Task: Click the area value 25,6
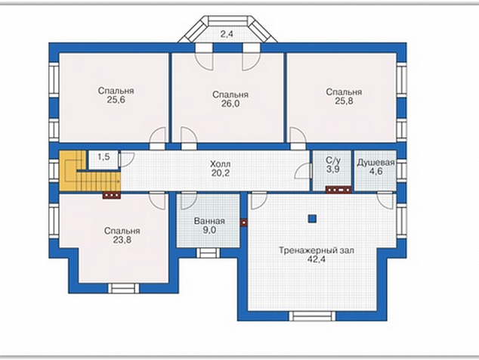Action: tap(116, 100)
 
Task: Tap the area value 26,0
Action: tap(230, 104)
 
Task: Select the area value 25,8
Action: tap(344, 101)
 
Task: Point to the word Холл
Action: tap(221, 164)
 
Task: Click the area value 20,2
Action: tap(221, 173)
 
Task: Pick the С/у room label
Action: tap(333, 160)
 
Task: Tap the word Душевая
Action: tap(375, 163)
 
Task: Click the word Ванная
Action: tap(209, 221)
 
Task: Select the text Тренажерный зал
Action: tap(316, 250)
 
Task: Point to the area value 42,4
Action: tap(317, 259)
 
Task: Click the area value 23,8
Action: tap(122, 240)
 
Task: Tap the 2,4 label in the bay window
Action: tap(227, 34)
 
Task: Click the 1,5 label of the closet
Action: tap(104, 157)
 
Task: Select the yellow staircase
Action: tap(89, 171)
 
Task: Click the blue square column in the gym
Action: tap(312, 219)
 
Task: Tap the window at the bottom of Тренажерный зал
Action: tap(312, 316)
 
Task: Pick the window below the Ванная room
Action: tap(208, 253)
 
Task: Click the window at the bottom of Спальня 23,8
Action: tap(123, 288)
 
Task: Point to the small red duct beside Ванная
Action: tap(243, 222)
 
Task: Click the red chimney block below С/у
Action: tap(338, 190)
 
